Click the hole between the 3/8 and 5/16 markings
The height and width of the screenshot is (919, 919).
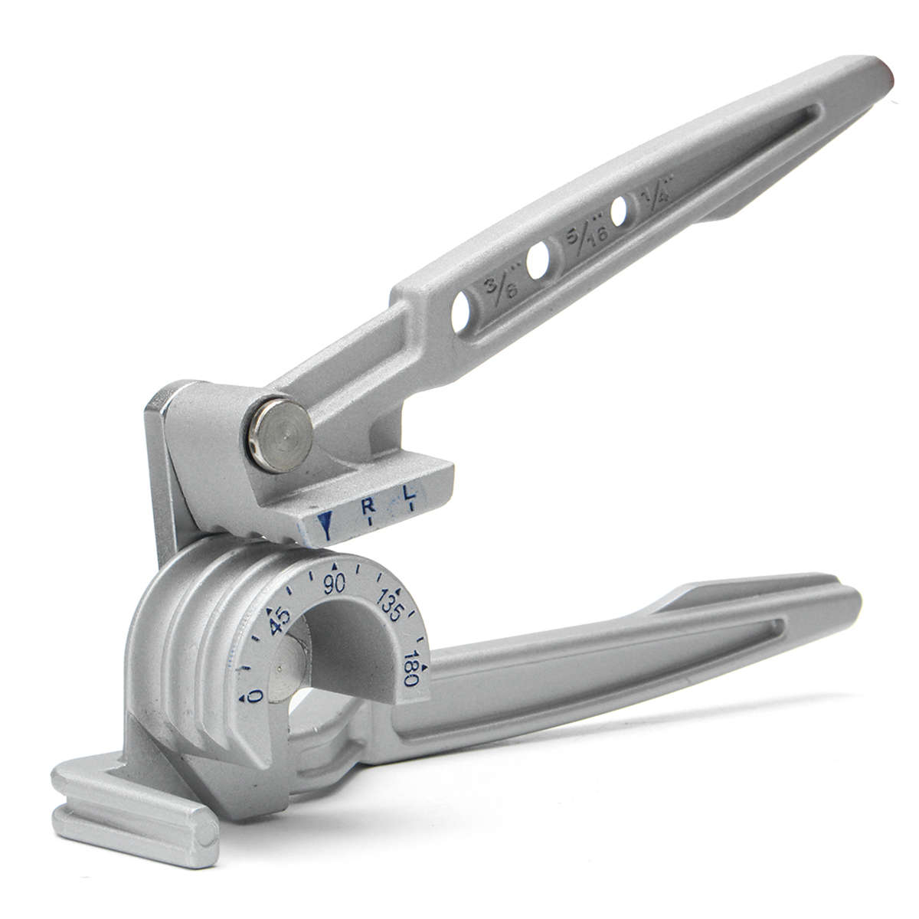pos(538,261)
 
